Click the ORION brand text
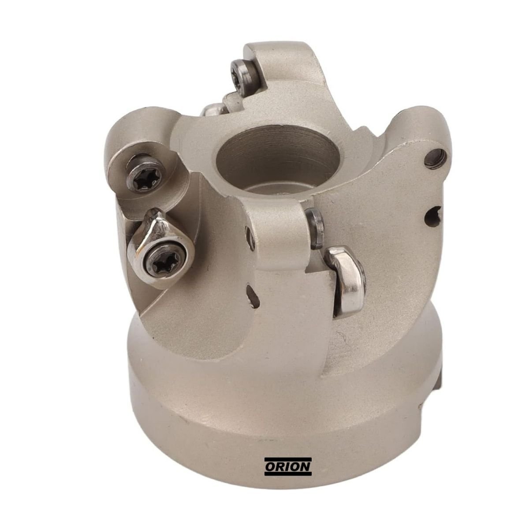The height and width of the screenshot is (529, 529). click(288, 466)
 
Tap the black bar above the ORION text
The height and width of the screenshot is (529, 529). click(288, 459)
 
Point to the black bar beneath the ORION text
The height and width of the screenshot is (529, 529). click(288, 474)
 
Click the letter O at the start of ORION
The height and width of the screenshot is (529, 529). click(270, 466)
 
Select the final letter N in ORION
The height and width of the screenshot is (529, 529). click(305, 466)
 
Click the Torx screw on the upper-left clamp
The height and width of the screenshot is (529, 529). click(146, 174)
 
